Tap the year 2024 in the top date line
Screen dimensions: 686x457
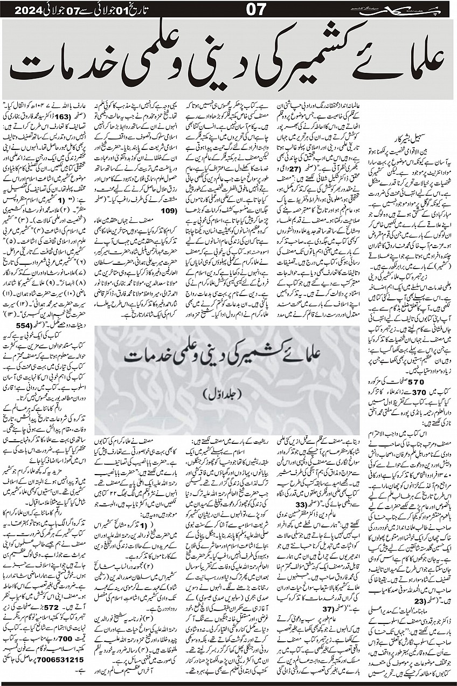coord(27,9)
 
